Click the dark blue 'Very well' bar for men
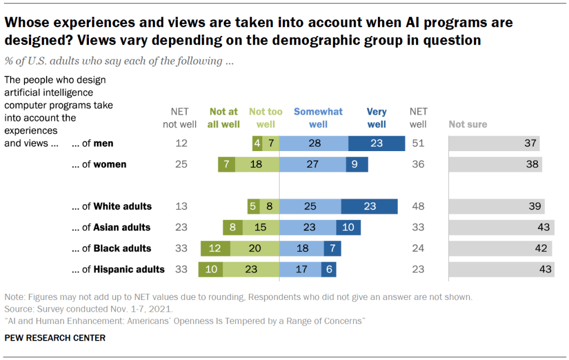coord(377,143)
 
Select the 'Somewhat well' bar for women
coord(312,164)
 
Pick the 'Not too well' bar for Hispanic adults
coord(251,269)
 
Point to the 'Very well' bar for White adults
coord(370,206)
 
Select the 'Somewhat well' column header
coord(318,118)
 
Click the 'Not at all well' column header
coord(223,118)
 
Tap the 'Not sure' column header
coord(468,124)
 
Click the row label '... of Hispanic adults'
coord(118,269)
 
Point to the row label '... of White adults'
coord(112,206)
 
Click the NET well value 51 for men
coord(418,143)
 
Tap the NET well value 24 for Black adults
coord(418,248)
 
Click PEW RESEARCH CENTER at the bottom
coord(54,338)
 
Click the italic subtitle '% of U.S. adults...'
coord(118,61)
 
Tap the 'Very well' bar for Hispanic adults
coord(328,269)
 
